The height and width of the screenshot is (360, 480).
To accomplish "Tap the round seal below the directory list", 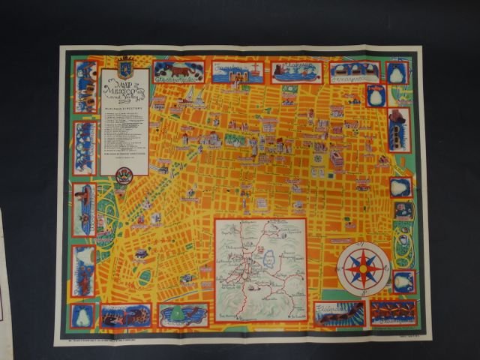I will [125, 175].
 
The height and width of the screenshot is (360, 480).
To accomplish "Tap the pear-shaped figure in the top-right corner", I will [397, 73].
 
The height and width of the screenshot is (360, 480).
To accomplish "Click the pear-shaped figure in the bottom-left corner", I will [82, 315].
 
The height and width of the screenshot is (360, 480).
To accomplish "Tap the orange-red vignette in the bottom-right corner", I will [392, 312].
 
